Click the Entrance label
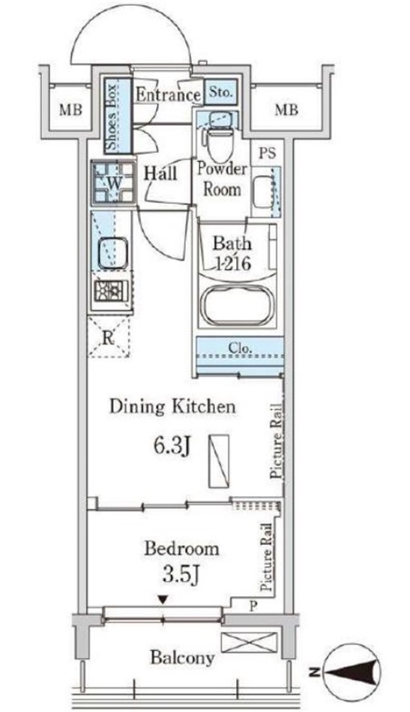tap(168, 95)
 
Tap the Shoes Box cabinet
tap(117, 116)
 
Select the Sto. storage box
tap(221, 93)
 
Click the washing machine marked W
tap(113, 184)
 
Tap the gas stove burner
tap(111, 291)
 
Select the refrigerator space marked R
tap(108, 337)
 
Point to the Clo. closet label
tap(240, 349)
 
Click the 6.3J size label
tap(171, 447)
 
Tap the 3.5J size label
tap(181, 575)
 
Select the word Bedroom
tap(181, 549)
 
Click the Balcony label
tap(182, 657)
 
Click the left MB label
tap(71, 109)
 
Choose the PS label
tap(268, 153)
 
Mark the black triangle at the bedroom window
tap(163, 600)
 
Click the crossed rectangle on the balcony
tap(248, 642)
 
